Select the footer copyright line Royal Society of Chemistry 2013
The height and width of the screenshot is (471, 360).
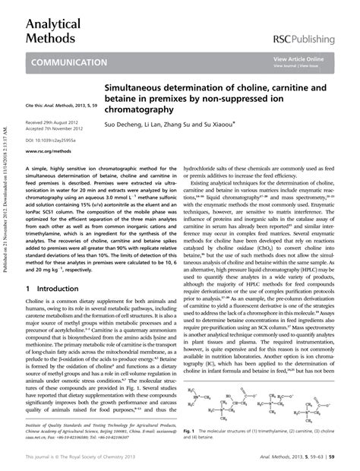(x=84, y=458)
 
